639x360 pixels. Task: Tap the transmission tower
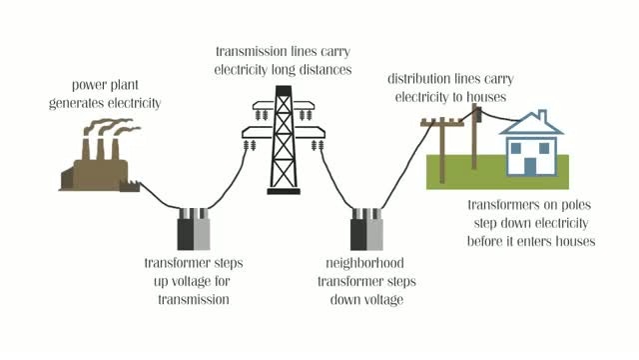[284, 140]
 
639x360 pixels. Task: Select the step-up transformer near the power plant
[194, 229]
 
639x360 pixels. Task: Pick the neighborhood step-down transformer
[366, 229]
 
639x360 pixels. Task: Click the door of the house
[530, 166]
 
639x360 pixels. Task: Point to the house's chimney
[542, 115]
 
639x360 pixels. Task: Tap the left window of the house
[516, 148]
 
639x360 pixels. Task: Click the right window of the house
[544, 148]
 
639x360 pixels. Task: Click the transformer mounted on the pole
[479, 115]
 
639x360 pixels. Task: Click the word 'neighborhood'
[364, 263]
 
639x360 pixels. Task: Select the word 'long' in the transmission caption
[284, 70]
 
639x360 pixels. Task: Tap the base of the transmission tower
[284, 191]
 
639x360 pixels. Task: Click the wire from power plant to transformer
[160, 197]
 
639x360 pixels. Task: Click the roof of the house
[532, 124]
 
